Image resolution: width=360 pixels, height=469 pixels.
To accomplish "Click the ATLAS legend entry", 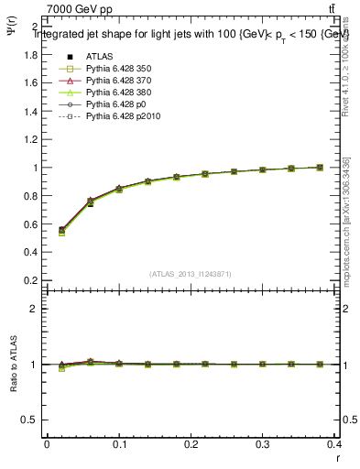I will [101, 54].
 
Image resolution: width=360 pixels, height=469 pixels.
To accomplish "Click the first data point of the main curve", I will [61, 230].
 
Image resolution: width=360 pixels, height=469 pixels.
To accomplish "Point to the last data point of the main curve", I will [320, 168].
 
